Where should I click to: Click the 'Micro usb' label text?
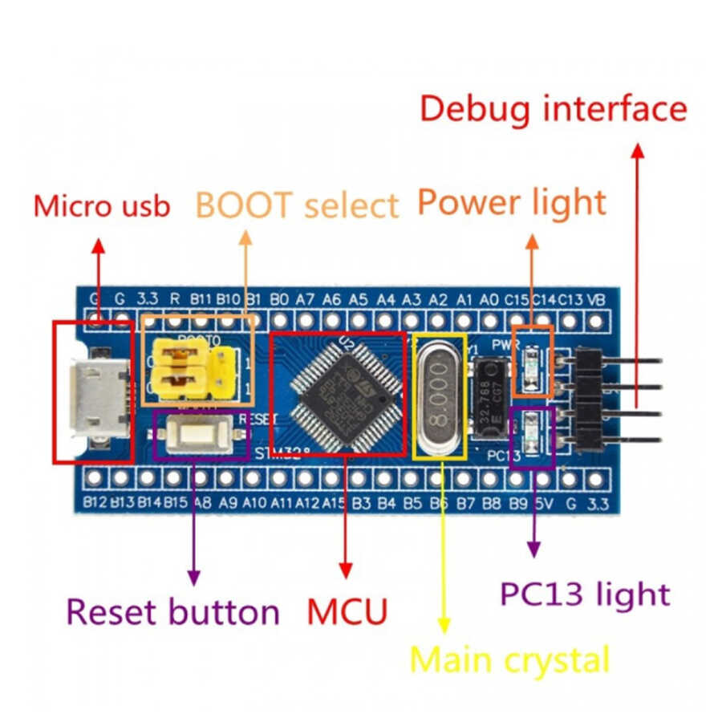101,206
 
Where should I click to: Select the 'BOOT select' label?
297,206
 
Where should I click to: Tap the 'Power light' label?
512,203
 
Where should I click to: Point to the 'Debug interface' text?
554,108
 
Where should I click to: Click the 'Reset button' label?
172,612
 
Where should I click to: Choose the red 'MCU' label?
347,612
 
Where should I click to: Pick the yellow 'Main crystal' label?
509,661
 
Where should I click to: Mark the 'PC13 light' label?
584,594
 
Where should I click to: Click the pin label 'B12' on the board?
95,503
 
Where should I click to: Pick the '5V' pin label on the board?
543,503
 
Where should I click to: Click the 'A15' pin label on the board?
335,503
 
